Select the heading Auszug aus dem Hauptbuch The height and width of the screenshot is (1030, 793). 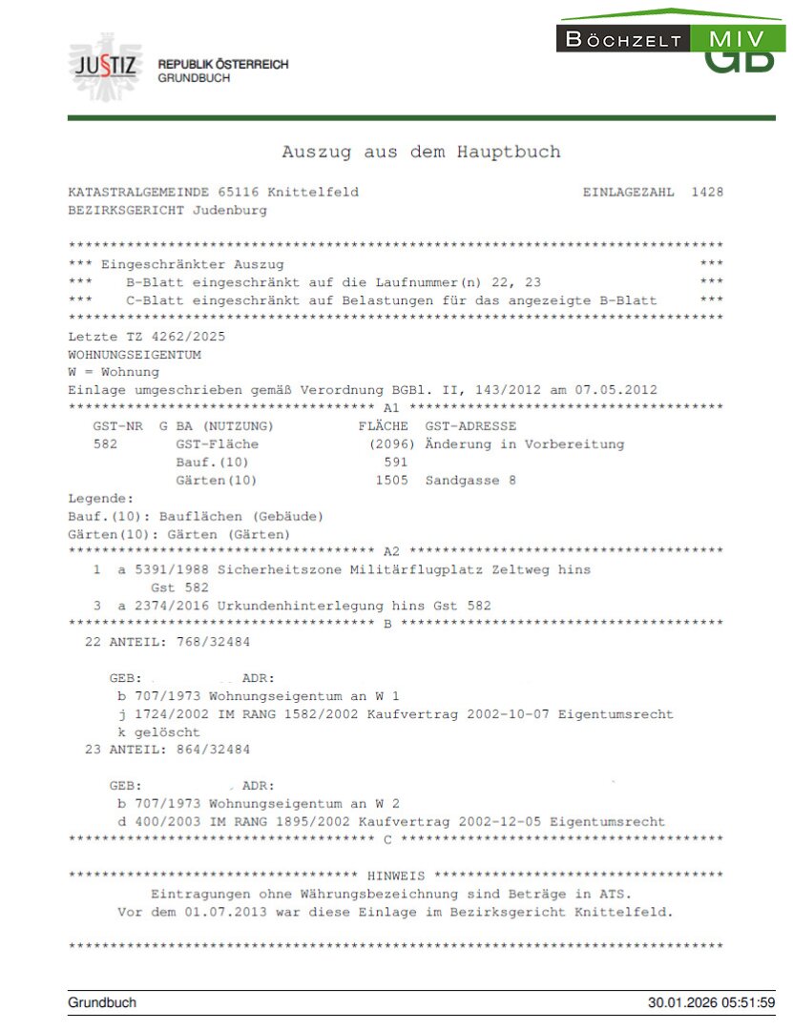pyautogui.click(x=421, y=153)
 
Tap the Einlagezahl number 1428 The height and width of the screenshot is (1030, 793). pyautogui.click(x=707, y=193)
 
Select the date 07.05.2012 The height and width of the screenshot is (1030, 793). pyautogui.click(x=618, y=390)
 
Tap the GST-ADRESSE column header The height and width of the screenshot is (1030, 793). pyautogui.click(x=470, y=426)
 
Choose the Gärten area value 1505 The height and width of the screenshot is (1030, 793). pyautogui.click(x=391, y=481)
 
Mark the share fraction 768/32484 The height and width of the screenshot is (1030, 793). pyautogui.click(x=206, y=642)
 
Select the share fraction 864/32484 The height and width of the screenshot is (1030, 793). pyautogui.click(x=206, y=750)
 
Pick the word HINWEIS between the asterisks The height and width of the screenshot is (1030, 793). pyautogui.click(x=396, y=875)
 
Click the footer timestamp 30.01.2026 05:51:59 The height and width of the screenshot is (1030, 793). pyautogui.click(x=711, y=1003)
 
